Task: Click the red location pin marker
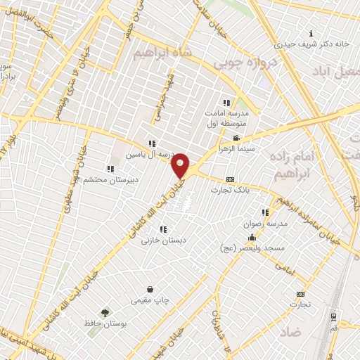[181, 164]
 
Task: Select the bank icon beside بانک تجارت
[231, 179]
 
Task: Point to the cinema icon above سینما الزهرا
[238, 138]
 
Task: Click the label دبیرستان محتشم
[110, 179]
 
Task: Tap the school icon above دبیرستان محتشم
[110, 169]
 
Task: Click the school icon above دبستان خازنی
[164, 229]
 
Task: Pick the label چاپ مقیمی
[150, 300]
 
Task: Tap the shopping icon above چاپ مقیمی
[150, 289]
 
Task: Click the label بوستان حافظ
[104, 324]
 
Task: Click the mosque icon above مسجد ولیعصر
[252, 238]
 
